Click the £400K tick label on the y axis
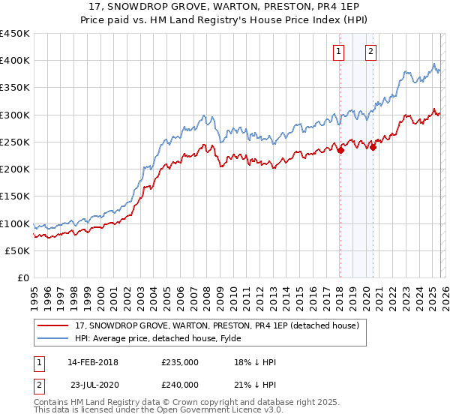pyautogui.click(x=15, y=61)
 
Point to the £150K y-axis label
pyautogui.click(x=15, y=196)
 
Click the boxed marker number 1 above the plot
pyautogui.click(x=339, y=52)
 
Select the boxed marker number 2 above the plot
pyautogui.click(x=371, y=52)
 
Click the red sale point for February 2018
pyautogui.click(x=340, y=150)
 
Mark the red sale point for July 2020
pyautogui.click(x=373, y=148)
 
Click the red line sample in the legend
pyautogui.click(x=54, y=325)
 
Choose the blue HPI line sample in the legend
pyautogui.click(x=54, y=338)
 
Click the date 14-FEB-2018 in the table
pyautogui.click(x=92, y=362)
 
